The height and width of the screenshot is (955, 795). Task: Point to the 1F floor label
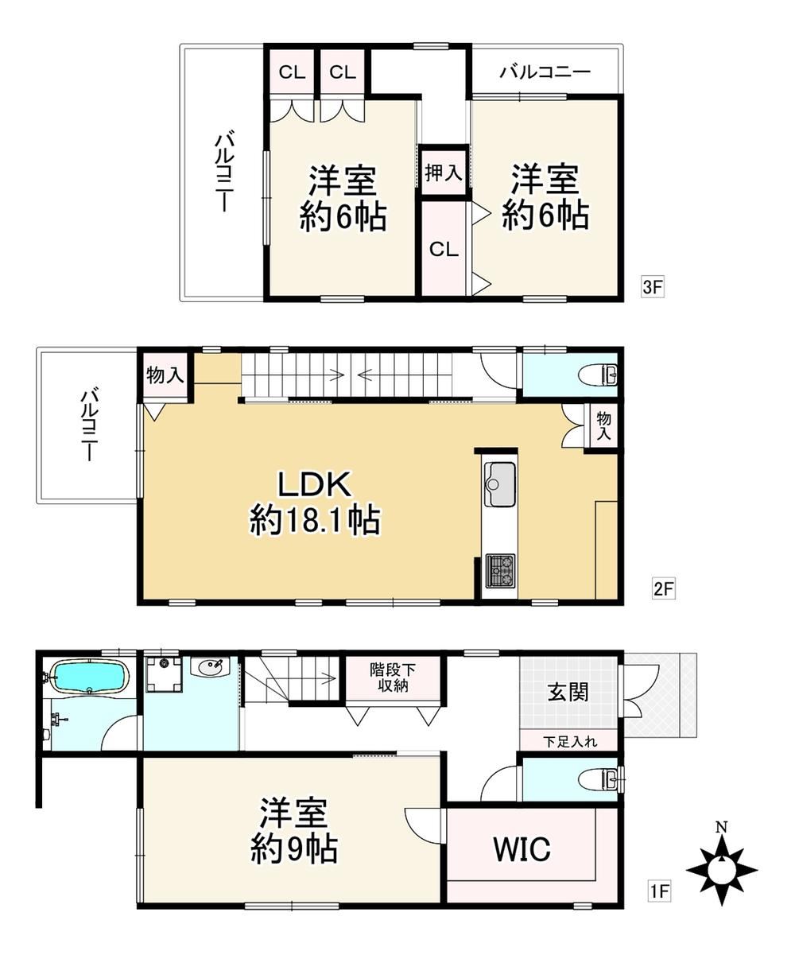click(660, 892)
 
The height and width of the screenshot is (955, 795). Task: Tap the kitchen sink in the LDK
click(499, 483)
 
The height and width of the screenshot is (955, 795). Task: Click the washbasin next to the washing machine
click(211, 668)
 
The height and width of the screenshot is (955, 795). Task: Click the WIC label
click(521, 850)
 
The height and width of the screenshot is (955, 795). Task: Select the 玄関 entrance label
click(568, 692)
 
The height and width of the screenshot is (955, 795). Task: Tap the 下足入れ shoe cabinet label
click(569, 742)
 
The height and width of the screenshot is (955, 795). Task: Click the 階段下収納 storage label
click(392, 677)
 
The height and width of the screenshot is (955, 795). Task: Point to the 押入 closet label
click(443, 173)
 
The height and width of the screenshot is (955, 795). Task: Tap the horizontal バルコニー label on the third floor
click(545, 72)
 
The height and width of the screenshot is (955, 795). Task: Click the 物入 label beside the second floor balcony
click(165, 375)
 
